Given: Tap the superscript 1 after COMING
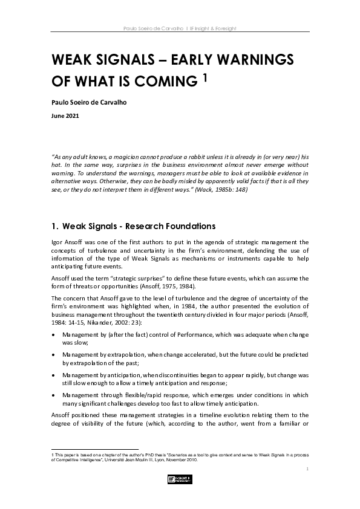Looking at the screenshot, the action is [205, 77].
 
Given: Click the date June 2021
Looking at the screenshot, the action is [65, 114].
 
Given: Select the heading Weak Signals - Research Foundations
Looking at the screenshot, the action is [139, 227].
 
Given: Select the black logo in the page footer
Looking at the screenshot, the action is [180, 479].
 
